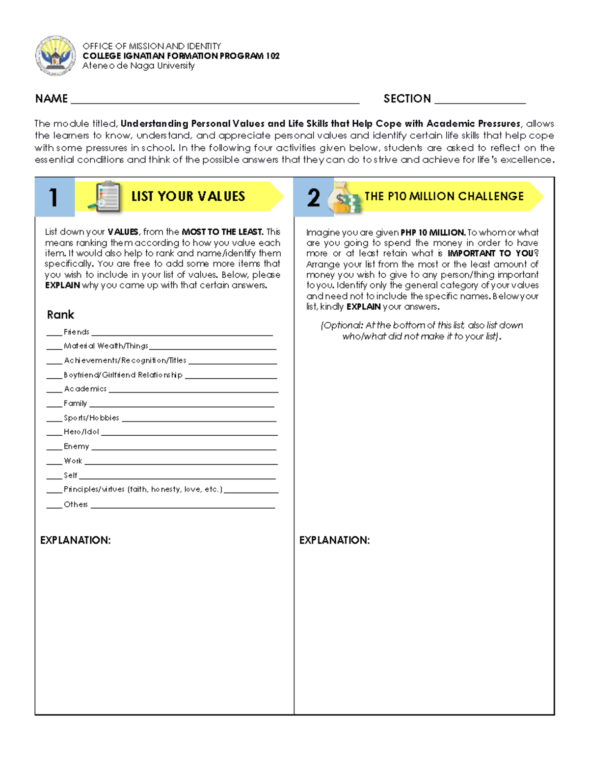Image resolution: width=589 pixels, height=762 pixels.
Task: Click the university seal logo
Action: [55, 55]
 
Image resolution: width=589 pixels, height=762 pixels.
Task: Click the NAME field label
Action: [51, 99]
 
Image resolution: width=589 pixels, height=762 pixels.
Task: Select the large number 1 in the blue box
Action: [54, 197]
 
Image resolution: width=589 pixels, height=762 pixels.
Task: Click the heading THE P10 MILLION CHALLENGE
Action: [444, 196]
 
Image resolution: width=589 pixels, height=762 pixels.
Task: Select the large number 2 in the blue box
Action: [313, 198]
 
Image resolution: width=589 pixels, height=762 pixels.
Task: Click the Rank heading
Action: [60, 315]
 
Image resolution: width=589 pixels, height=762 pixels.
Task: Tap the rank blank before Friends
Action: [54, 334]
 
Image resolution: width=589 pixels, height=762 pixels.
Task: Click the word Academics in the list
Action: [85, 389]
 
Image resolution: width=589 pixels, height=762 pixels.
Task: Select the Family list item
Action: [75, 403]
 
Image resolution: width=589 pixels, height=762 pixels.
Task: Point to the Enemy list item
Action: [76, 447]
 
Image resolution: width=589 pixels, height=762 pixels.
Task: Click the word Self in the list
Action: [70, 475]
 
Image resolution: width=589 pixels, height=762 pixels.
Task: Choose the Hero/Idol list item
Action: [81, 432]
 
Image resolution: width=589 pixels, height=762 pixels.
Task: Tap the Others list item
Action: [76, 504]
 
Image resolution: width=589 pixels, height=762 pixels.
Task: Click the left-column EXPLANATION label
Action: [75, 540]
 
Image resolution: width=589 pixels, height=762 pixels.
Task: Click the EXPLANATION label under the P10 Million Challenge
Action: [334, 540]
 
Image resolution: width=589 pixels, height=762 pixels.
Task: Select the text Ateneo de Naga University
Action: [138, 66]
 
